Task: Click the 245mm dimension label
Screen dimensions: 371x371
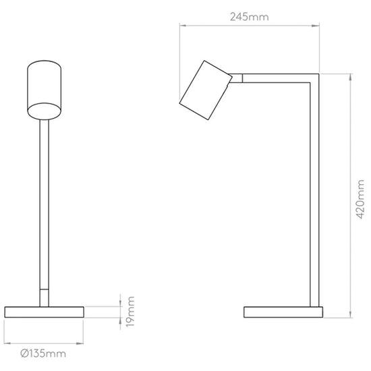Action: pyautogui.click(x=250, y=17)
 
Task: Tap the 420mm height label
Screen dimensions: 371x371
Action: pyautogui.click(x=360, y=199)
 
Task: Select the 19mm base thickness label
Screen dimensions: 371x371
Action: pyautogui.click(x=130, y=312)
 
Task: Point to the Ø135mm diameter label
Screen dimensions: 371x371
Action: pyautogui.click(x=43, y=353)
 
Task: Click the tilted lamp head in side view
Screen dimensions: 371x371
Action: pyautogui.click(x=205, y=90)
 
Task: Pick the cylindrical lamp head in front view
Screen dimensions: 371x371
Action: pyautogui.click(x=45, y=90)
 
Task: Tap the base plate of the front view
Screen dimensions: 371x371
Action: pyautogui.click(x=45, y=312)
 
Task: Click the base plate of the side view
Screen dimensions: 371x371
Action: pyautogui.click(x=283, y=312)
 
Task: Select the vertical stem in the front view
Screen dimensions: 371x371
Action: pyautogui.click(x=45, y=204)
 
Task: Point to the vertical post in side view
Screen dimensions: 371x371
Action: pyautogui.click(x=315, y=194)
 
